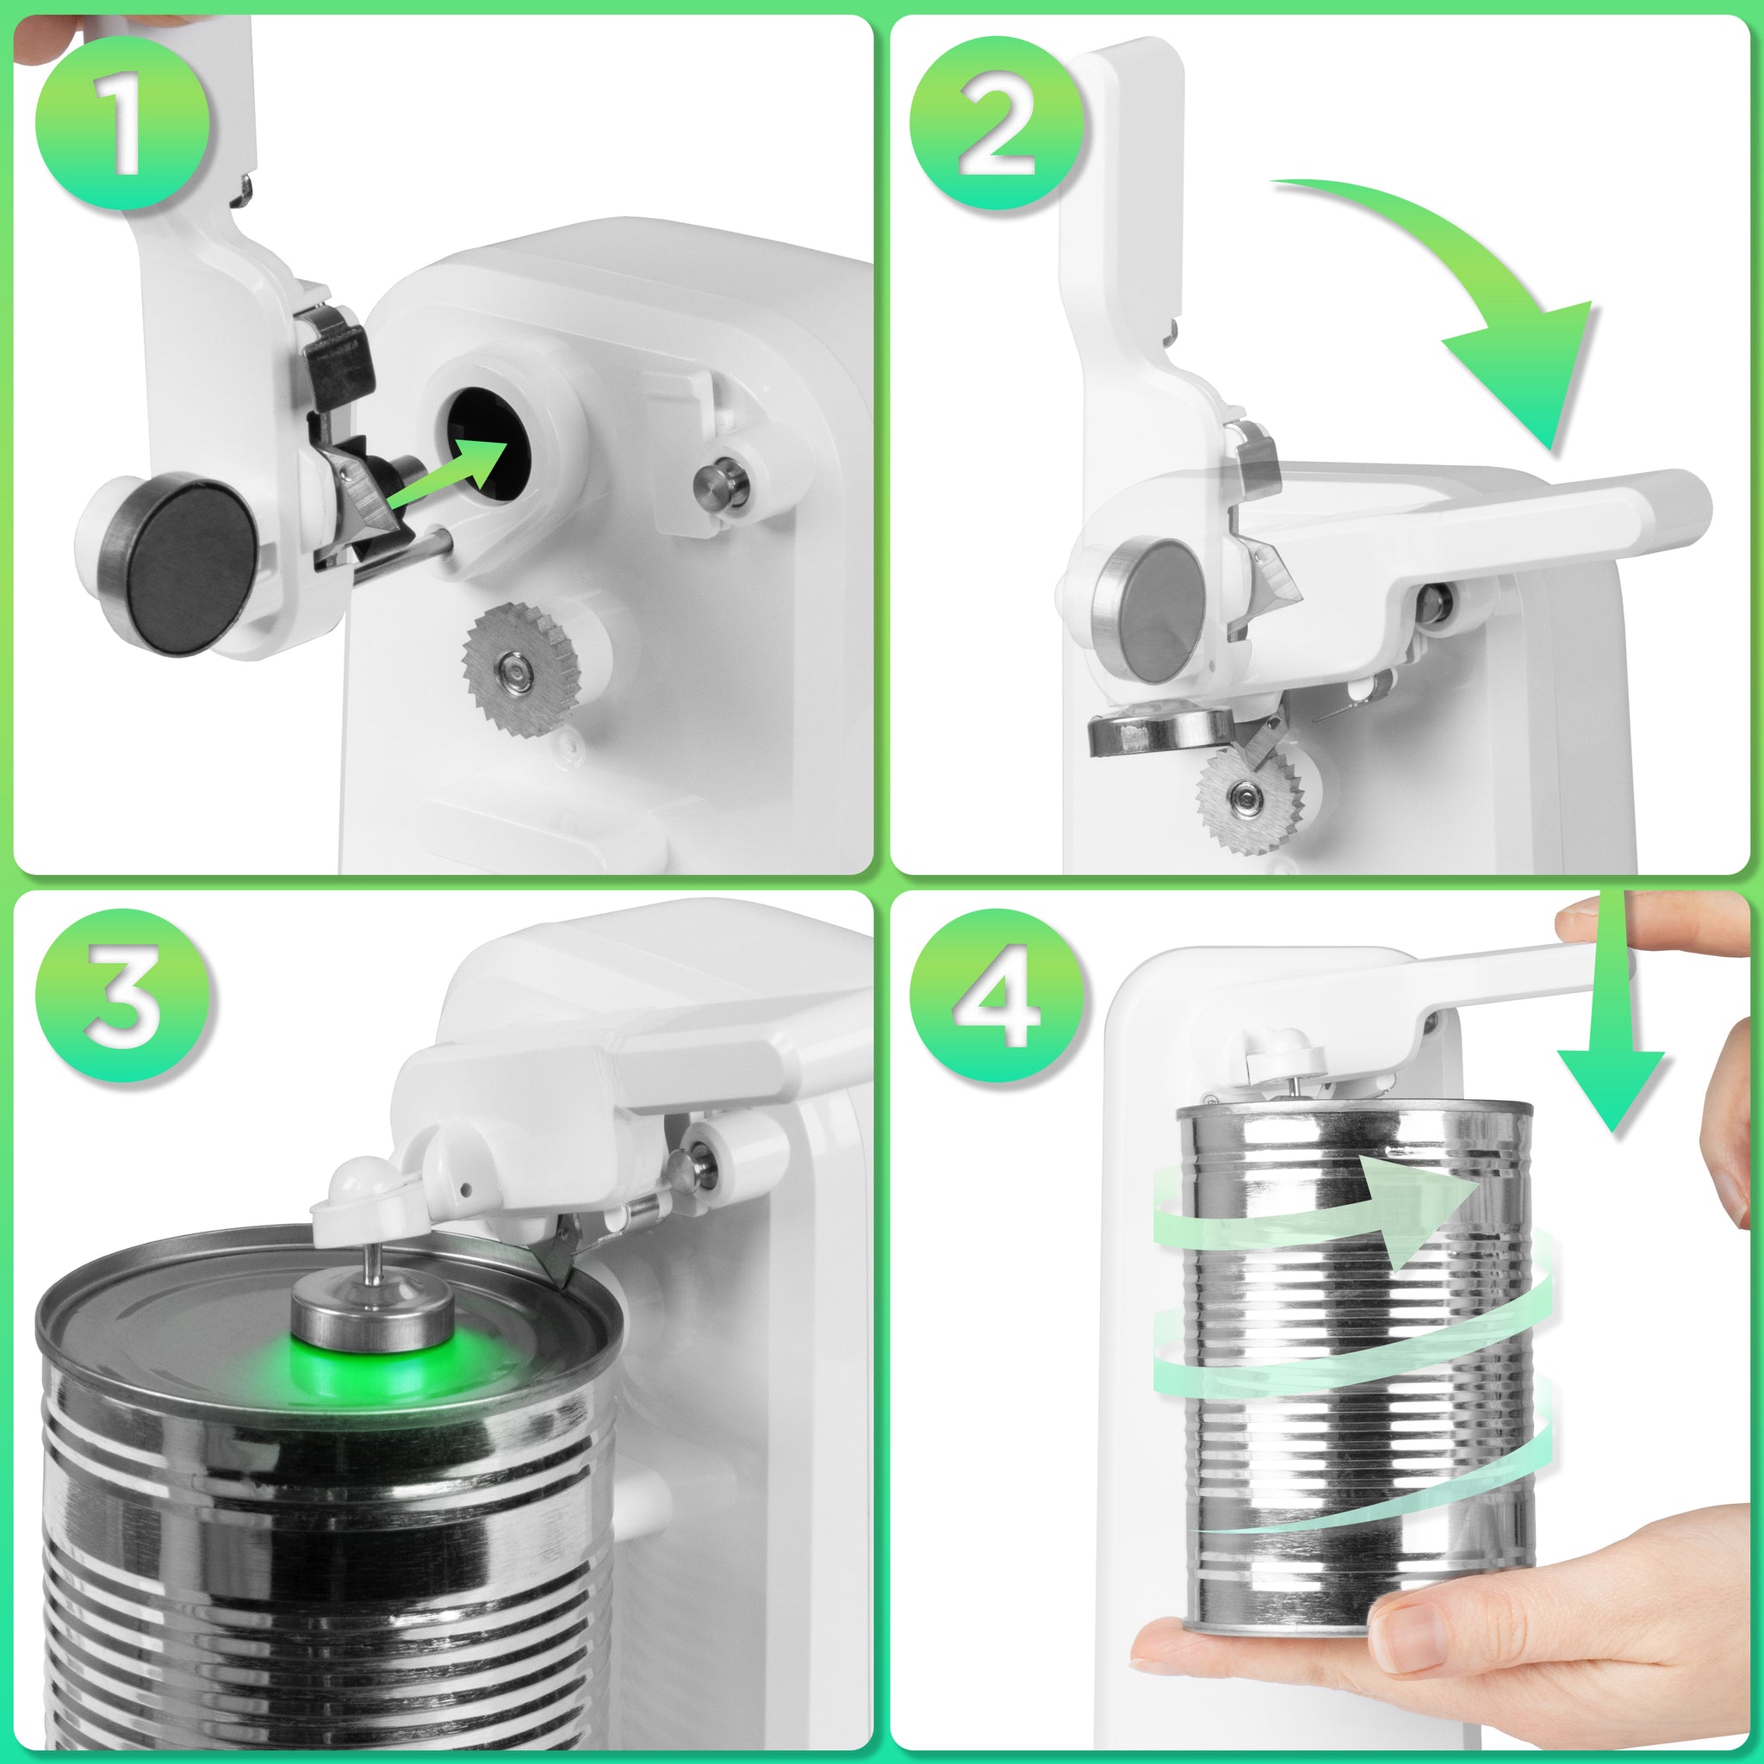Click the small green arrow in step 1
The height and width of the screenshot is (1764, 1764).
coord(447,473)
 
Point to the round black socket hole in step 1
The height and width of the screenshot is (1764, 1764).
coord(488,443)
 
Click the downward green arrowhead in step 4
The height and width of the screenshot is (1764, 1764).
coord(1610,1086)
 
